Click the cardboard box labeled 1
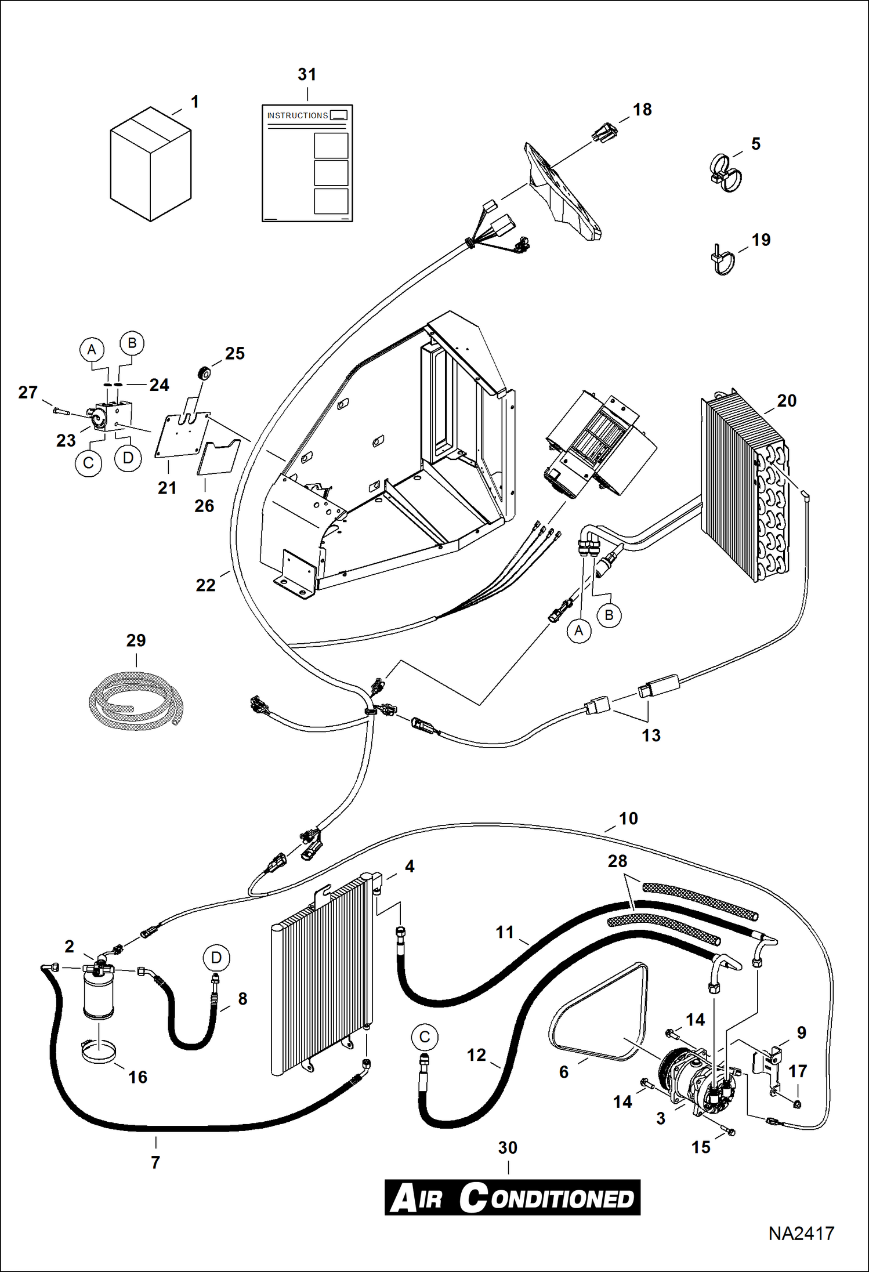click(x=150, y=164)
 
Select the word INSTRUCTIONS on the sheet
click(x=297, y=115)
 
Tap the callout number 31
click(x=307, y=74)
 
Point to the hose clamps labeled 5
click(x=725, y=172)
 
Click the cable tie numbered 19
click(x=722, y=260)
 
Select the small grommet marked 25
click(x=204, y=374)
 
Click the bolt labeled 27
click(x=60, y=411)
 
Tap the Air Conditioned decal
click(x=512, y=1198)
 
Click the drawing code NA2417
click(x=801, y=1233)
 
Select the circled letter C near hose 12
click(x=425, y=1037)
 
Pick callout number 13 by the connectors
click(x=651, y=735)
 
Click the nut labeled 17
click(x=796, y=1104)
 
